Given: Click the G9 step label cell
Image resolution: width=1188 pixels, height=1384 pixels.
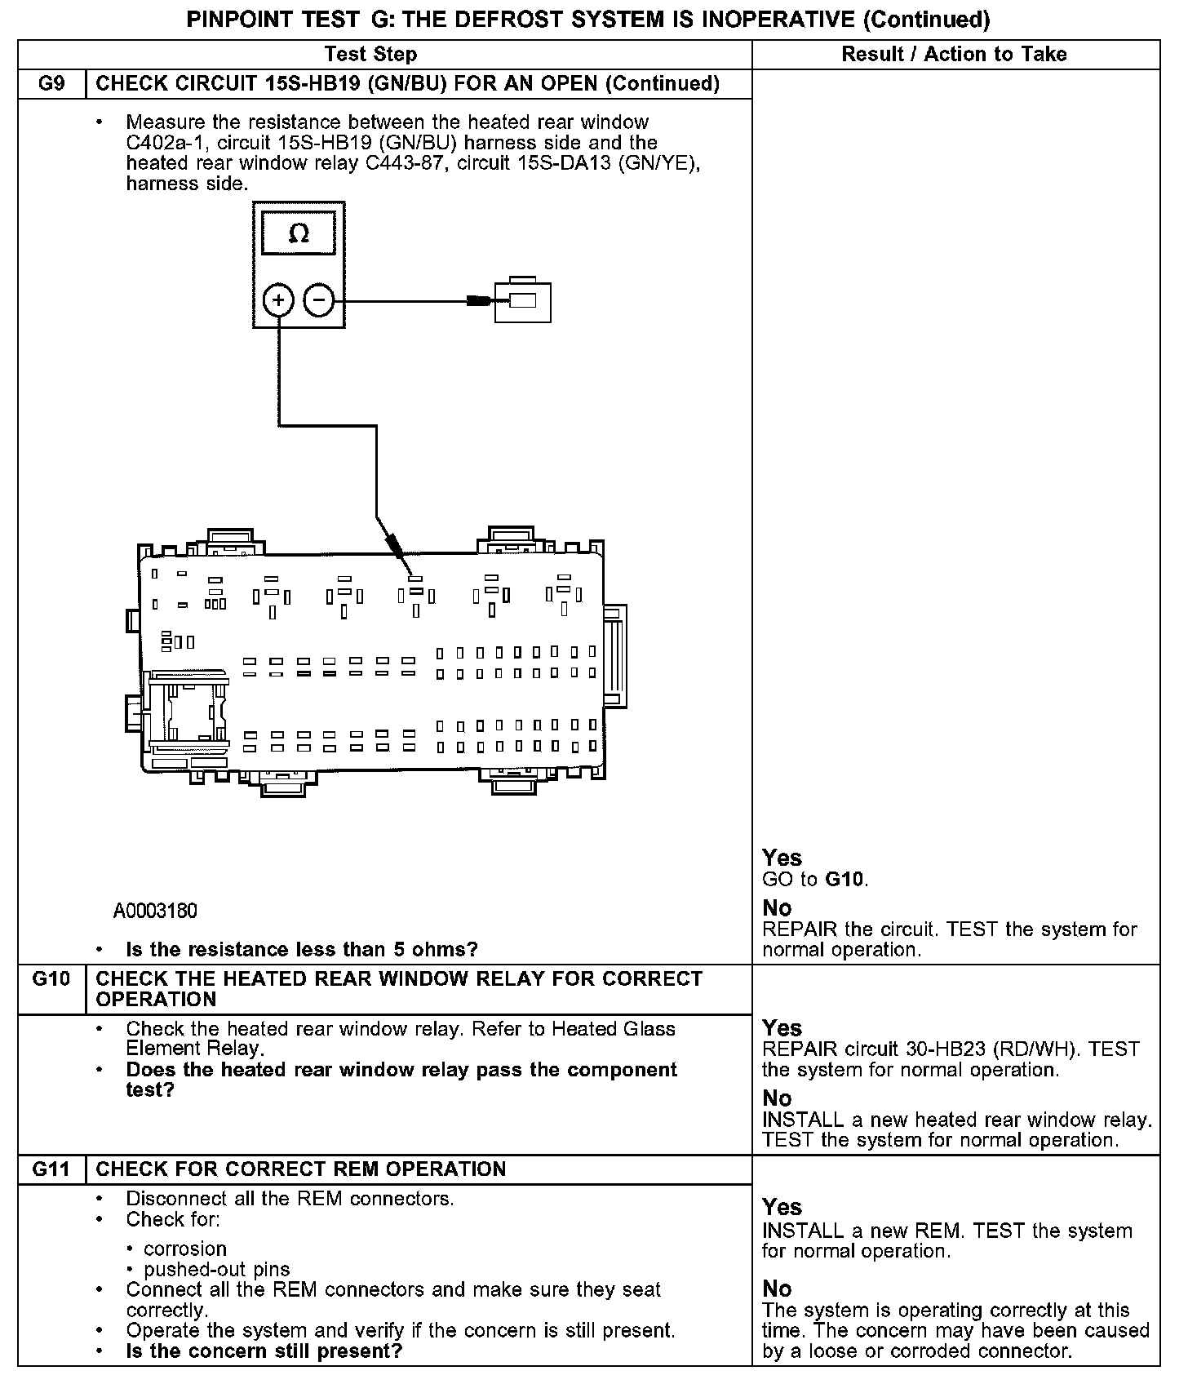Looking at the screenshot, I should click(x=51, y=84).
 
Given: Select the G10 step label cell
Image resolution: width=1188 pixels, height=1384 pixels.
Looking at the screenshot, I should click(x=51, y=978).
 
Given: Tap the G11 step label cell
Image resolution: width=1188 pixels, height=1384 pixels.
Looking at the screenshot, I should click(x=51, y=1169).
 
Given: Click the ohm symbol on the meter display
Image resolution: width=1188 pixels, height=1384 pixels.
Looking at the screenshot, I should click(x=299, y=234).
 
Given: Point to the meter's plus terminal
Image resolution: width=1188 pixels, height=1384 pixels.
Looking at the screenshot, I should click(x=278, y=301).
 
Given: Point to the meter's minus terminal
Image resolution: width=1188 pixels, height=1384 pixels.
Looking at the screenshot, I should click(x=319, y=301).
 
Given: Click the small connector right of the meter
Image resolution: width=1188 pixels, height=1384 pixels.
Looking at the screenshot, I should click(x=523, y=300).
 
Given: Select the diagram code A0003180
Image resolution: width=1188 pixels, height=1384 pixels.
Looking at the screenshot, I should click(x=155, y=911).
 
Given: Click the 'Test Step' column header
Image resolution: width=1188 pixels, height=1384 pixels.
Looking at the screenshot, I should click(x=370, y=55).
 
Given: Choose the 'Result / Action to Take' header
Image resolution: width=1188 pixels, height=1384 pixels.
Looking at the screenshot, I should click(x=954, y=55).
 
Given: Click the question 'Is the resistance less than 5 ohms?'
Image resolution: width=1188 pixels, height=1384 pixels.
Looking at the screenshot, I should click(x=302, y=949).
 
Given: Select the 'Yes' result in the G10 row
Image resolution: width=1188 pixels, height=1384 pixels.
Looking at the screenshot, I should click(x=782, y=1028).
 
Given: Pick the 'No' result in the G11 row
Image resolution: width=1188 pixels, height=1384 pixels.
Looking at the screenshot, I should click(x=777, y=1289).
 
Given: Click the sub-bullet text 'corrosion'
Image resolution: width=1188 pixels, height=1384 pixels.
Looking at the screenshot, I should click(x=184, y=1249).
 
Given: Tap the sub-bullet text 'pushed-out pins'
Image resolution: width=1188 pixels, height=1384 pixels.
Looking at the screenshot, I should click(x=217, y=1270).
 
